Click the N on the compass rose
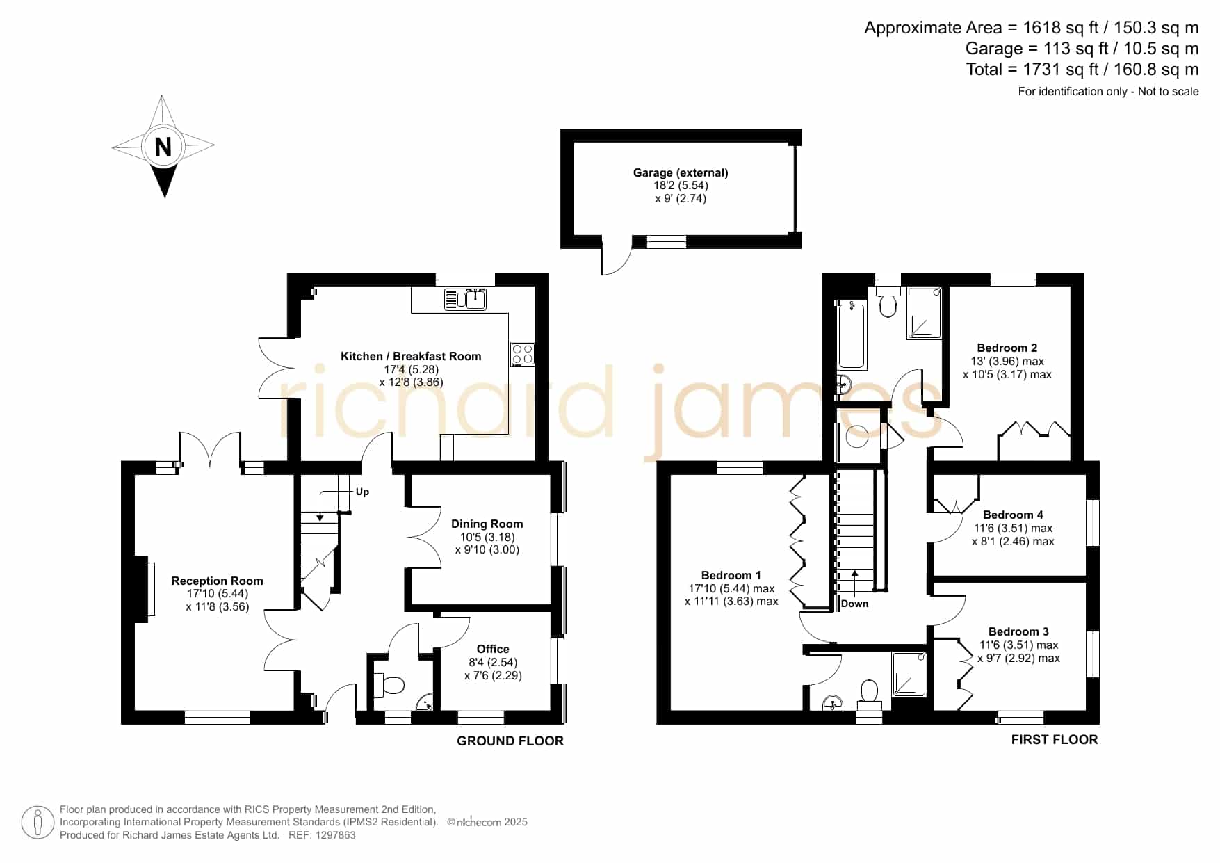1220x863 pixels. pyautogui.click(x=163, y=147)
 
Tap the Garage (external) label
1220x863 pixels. pyautogui.click(x=681, y=172)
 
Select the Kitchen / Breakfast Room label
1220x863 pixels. pyautogui.click(x=411, y=356)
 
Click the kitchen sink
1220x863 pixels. pyautogui.click(x=465, y=299)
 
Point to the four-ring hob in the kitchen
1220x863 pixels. pyautogui.click(x=523, y=355)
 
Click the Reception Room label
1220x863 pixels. pyautogui.click(x=217, y=581)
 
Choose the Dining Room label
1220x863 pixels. pyautogui.click(x=487, y=524)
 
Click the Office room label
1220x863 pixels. pyautogui.click(x=493, y=649)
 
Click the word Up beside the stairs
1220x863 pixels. pyautogui.click(x=362, y=492)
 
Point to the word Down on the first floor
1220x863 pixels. pyautogui.click(x=854, y=604)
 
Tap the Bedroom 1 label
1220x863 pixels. pyautogui.click(x=731, y=575)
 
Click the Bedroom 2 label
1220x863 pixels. pyautogui.click(x=1007, y=348)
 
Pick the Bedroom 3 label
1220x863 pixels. pyautogui.click(x=1018, y=631)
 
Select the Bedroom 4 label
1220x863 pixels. pyautogui.click(x=1013, y=515)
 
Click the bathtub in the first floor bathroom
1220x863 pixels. pyautogui.click(x=852, y=335)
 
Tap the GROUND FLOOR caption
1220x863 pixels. pyautogui.click(x=510, y=741)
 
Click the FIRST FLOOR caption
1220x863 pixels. pyautogui.click(x=1055, y=739)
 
